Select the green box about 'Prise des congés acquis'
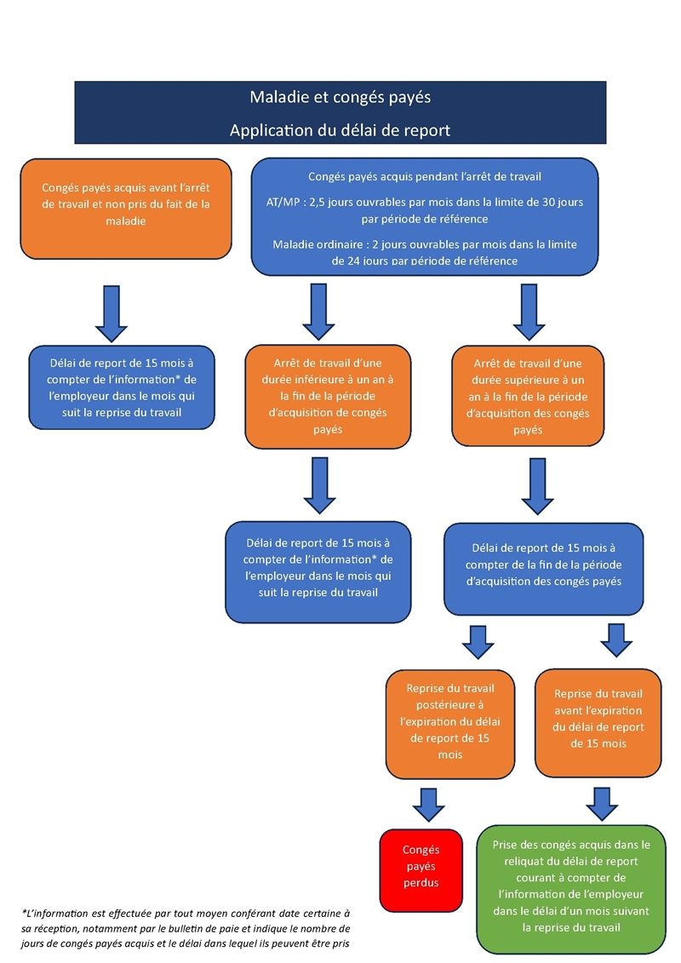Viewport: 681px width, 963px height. [571, 886]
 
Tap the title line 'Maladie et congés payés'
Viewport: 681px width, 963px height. [340, 97]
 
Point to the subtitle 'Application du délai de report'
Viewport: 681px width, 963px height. [340, 130]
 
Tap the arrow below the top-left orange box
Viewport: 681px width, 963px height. [110, 312]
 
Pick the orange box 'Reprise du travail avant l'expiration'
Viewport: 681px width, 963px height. [598, 720]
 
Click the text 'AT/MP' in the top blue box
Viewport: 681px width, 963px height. [283, 203]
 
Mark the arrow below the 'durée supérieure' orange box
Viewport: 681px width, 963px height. [537, 486]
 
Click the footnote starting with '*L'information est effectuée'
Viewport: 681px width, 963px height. [186, 928]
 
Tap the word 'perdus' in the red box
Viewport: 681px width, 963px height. [421, 882]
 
